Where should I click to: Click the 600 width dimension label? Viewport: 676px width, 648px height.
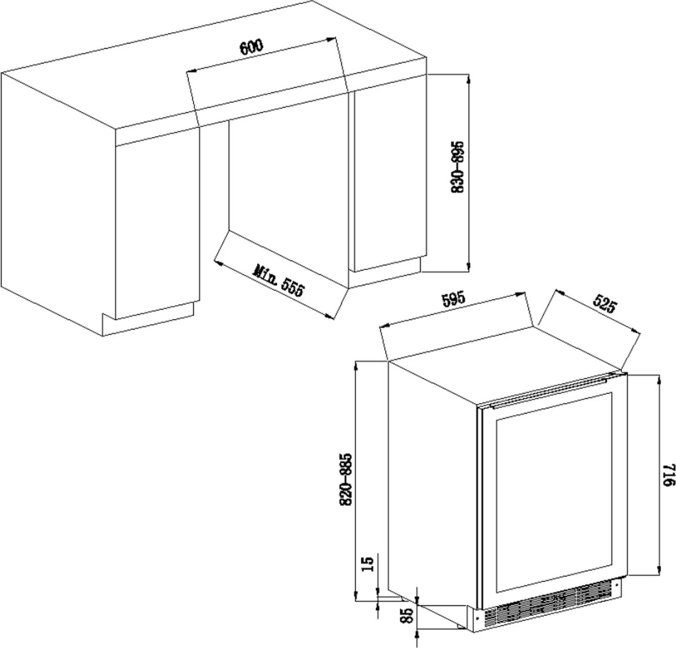point(251,47)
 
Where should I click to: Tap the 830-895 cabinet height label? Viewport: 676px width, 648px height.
point(458,167)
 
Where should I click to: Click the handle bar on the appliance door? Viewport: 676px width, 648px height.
point(548,391)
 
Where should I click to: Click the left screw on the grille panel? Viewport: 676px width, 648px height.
point(477,618)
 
